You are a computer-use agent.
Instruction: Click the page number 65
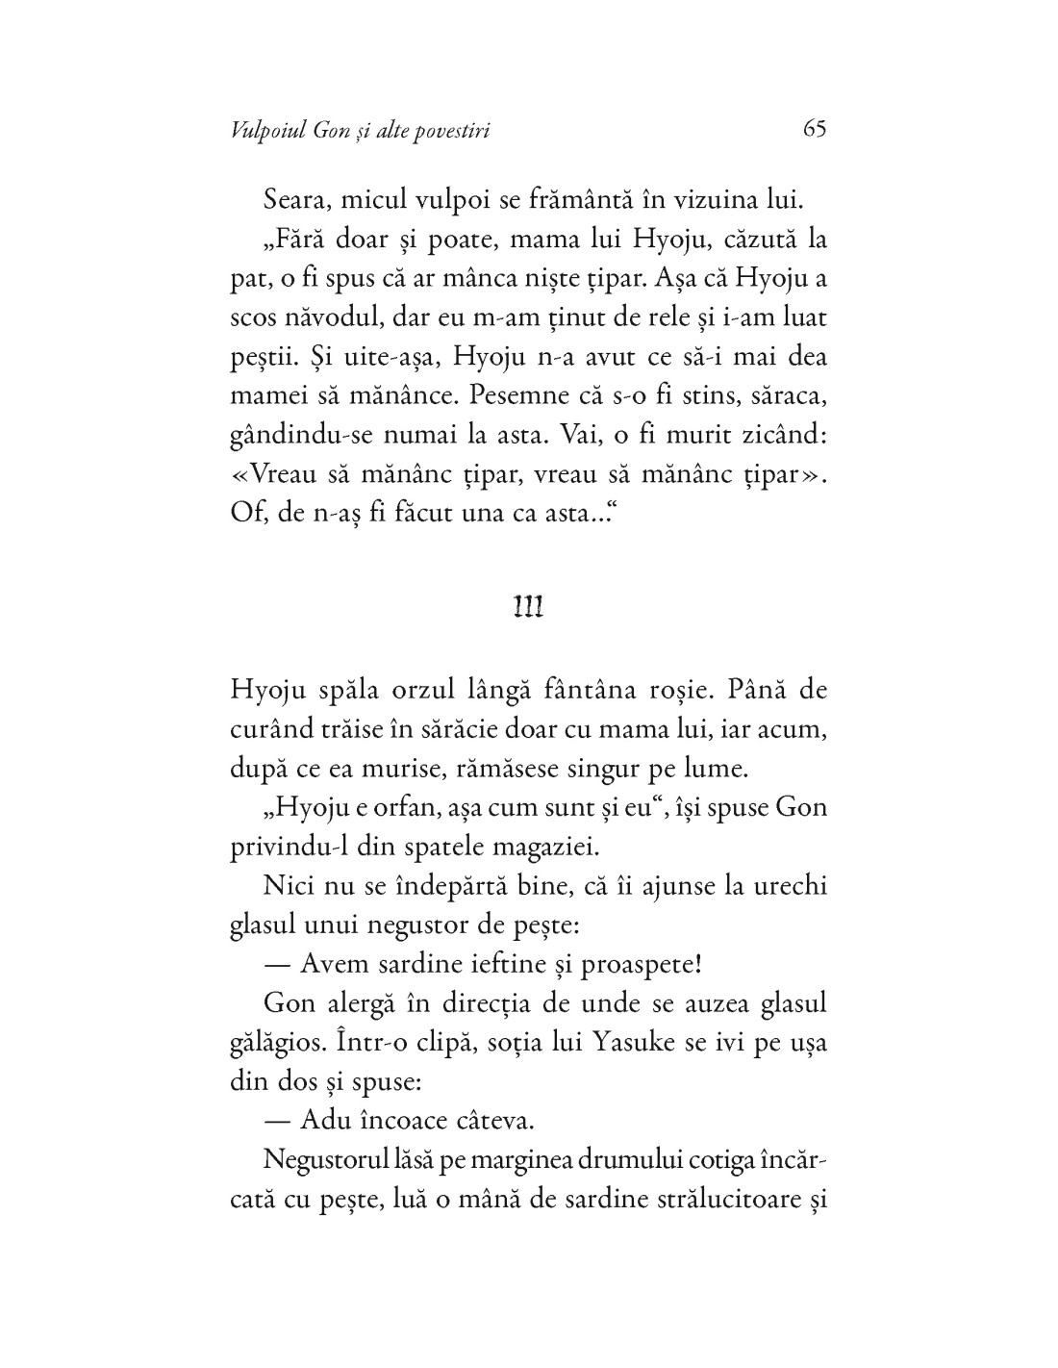tap(814, 130)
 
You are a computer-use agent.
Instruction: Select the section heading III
tap(528, 606)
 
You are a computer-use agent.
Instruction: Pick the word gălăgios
tap(278, 1042)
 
